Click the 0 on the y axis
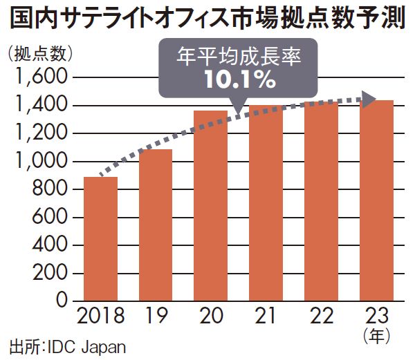tap(60, 301)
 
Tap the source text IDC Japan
tap(86, 346)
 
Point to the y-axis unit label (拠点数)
tap(38, 53)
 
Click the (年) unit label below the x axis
tap(377, 336)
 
